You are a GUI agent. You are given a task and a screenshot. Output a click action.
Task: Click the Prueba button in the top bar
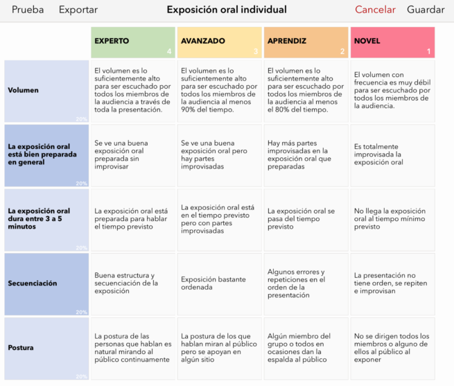coord(28,10)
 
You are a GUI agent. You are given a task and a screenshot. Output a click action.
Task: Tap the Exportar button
coord(78,10)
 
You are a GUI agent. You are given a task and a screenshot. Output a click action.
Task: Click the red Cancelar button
coord(375,10)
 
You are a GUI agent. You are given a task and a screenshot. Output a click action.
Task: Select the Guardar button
coord(426,10)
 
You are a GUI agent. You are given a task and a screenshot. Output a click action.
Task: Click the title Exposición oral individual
coord(227,10)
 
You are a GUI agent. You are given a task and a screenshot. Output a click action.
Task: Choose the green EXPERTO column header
coord(132,42)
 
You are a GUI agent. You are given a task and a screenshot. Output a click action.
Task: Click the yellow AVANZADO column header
coord(219,42)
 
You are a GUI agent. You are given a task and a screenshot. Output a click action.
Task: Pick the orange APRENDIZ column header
coord(306,42)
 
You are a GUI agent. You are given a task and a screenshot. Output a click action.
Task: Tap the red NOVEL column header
coord(392,42)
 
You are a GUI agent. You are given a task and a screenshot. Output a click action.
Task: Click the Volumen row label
coord(46,91)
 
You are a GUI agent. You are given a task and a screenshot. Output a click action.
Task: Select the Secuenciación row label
coord(46,283)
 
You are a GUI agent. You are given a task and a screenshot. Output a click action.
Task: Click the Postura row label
coord(46,348)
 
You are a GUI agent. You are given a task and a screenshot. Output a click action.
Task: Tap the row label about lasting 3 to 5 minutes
coord(46,219)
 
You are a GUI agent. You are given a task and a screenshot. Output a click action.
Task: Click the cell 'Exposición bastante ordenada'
coord(219,283)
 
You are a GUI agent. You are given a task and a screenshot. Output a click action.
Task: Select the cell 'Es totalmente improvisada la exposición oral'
coord(392,155)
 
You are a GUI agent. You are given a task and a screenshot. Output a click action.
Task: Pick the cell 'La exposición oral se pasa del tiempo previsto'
coord(306,219)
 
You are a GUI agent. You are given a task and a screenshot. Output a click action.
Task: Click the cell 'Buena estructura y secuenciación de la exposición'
coord(132,283)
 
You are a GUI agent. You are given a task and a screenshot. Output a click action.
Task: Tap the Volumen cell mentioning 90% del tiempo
coord(219,91)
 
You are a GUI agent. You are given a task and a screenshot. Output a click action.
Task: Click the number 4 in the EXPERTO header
coord(169,51)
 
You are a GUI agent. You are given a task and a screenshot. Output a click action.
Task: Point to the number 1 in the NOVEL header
coord(428,51)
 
